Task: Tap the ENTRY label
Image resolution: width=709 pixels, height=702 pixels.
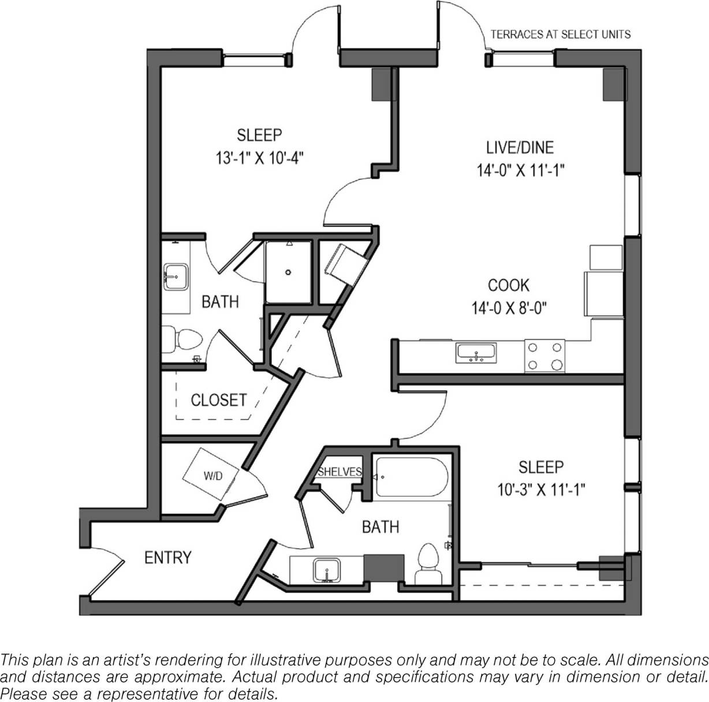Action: pyautogui.click(x=167, y=558)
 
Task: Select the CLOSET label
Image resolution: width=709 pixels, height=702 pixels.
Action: pyautogui.click(x=218, y=400)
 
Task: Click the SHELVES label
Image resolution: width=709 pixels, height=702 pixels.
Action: pyautogui.click(x=339, y=472)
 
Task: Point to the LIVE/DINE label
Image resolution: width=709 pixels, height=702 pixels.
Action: pyautogui.click(x=520, y=147)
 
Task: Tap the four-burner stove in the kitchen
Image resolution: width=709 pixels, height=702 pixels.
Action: pyautogui.click(x=544, y=356)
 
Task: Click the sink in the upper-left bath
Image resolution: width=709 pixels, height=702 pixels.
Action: pyautogui.click(x=174, y=277)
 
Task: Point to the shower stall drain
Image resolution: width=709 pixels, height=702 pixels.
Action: pyautogui.click(x=288, y=269)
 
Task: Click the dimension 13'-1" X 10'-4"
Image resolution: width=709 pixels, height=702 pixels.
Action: pyautogui.click(x=259, y=158)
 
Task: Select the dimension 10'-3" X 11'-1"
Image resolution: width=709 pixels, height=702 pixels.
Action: pyautogui.click(x=541, y=490)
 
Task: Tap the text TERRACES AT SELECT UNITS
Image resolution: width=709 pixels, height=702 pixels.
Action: pyautogui.click(x=560, y=35)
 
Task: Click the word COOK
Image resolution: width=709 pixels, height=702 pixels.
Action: pyautogui.click(x=508, y=286)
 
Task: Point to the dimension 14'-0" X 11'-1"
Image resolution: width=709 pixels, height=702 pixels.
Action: pyautogui.click(x=520, y=170)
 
